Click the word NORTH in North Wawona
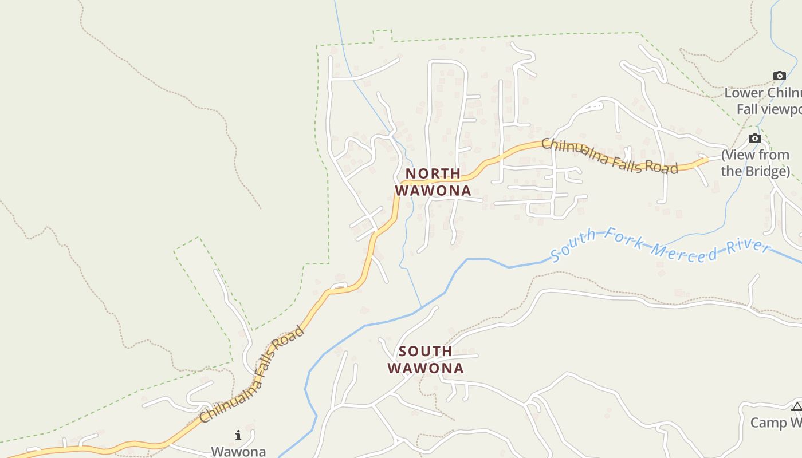[433, 173]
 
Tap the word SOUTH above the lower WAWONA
[425, 351]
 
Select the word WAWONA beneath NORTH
[433, 190]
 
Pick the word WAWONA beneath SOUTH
[426, 368]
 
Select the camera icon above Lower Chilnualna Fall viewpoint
[779, 76]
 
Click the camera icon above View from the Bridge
[755, 138]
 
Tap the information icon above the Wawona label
[238, 436]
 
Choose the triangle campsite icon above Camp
[796, 407]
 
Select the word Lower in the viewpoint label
[744, 93]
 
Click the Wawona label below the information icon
[238, 451]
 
